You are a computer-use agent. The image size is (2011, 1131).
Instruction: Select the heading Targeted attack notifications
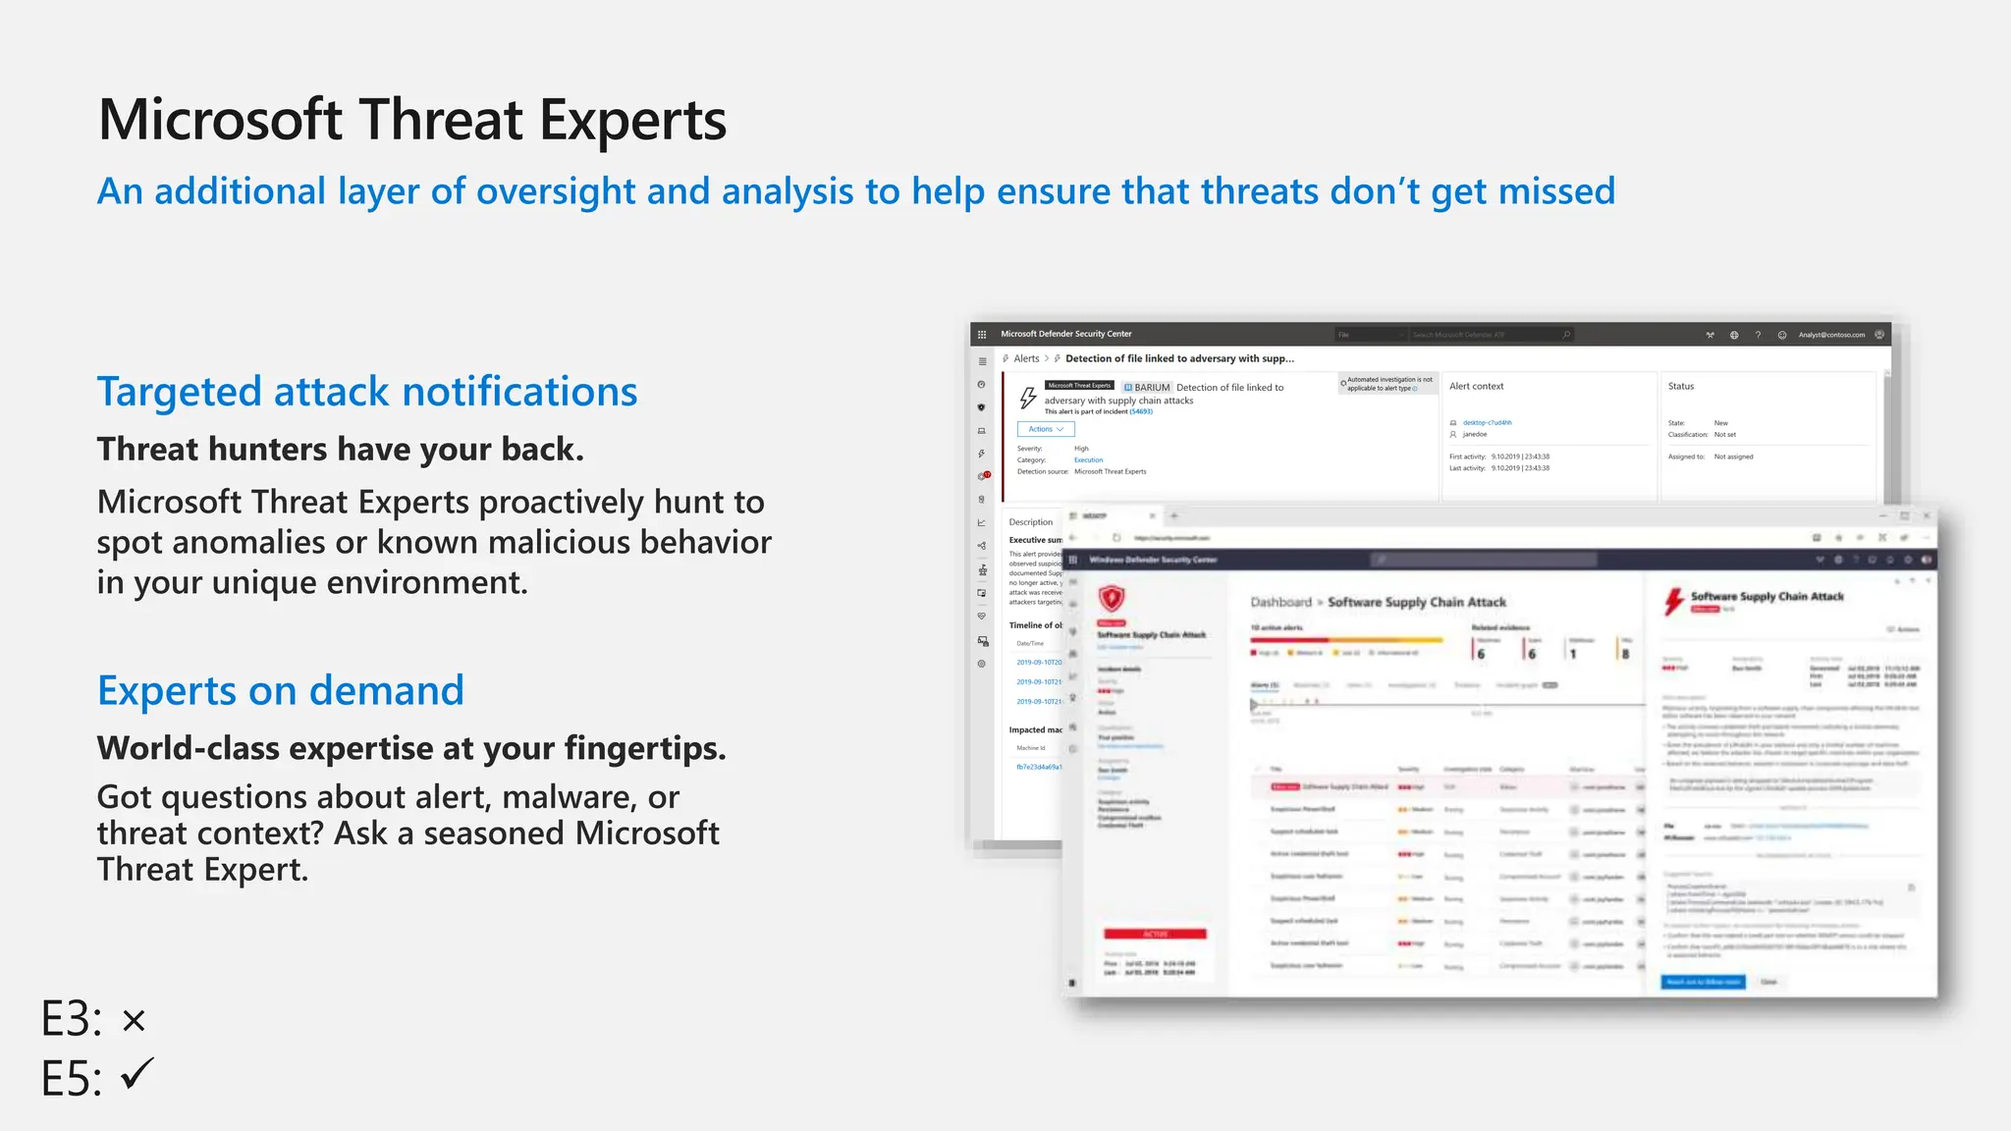pos(367,392)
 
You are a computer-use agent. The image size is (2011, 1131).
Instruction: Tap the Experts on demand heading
pos(280,691)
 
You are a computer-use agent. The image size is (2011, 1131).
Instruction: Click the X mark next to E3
pos(135,1021)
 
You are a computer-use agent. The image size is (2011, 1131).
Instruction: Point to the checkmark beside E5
pos(137,1074)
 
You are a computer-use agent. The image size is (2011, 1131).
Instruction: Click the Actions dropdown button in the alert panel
pos(1046,429)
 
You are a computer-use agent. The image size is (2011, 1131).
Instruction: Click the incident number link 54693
pos(1140,412)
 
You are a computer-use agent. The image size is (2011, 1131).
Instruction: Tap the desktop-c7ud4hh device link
pos(1487,423)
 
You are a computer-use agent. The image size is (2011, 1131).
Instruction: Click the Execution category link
pos(1088,460)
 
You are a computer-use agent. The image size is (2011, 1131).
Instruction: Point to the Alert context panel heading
pos(1476,387)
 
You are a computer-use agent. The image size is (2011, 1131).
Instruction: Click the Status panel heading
pos(1680,387)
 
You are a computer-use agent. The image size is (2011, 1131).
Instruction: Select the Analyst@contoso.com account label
pos(1831,335)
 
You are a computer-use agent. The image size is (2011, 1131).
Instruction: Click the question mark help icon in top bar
pos(1758,335)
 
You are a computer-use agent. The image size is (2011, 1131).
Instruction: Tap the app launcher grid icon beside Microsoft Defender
pos(981,335)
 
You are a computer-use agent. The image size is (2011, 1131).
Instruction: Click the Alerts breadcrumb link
pos(1026,359)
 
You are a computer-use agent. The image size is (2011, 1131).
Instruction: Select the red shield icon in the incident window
pos(1111,598)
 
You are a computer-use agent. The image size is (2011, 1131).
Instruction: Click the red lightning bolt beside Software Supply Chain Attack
pos(1673,601)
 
